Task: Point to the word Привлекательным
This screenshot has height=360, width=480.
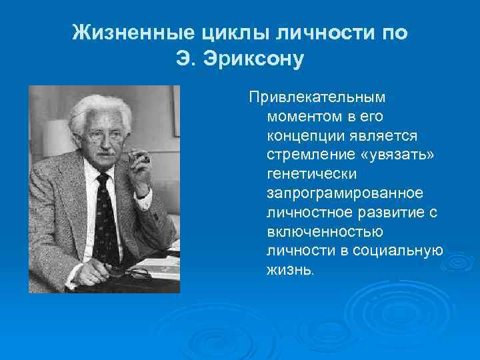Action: pos(317,97)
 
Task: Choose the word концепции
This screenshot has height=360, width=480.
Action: pos(304,136)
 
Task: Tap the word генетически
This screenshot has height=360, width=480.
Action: pos(312,174)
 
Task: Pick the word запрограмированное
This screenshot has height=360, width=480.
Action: pos(345,193)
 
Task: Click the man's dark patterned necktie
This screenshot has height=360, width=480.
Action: pos(105,213)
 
